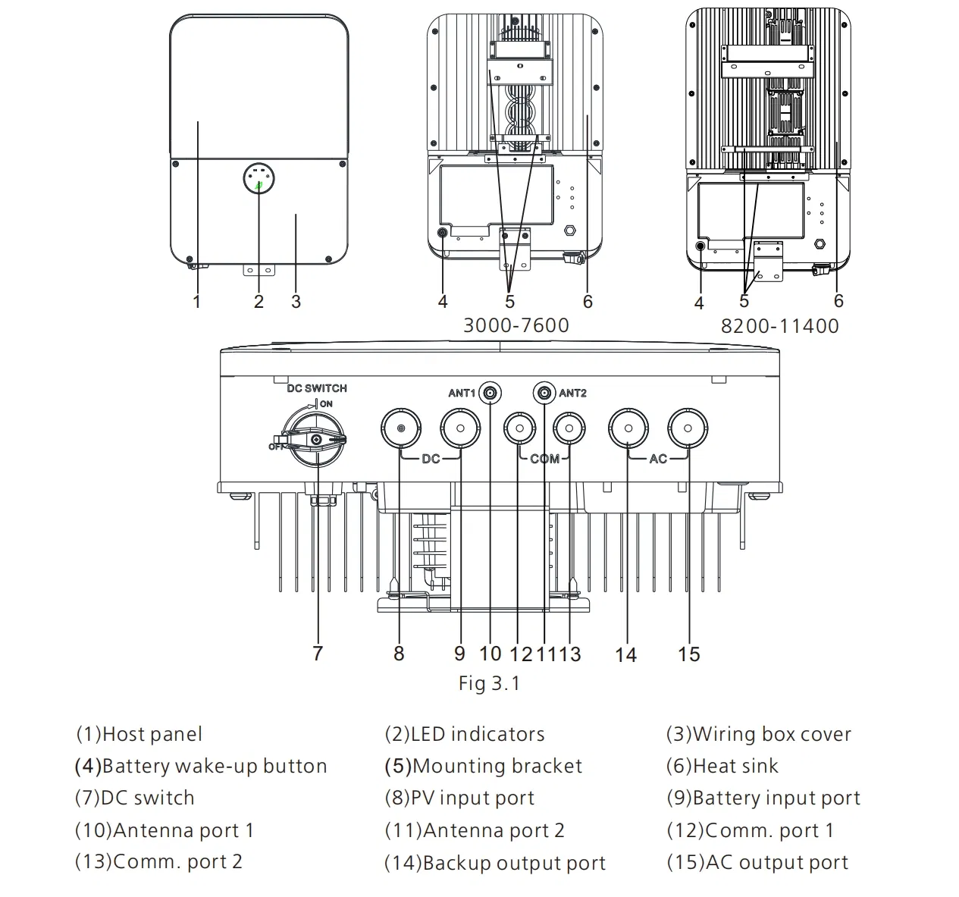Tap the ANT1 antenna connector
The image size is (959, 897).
490,393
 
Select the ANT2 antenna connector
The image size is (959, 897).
544,393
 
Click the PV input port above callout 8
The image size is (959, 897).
400,429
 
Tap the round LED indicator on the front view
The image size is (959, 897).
259,180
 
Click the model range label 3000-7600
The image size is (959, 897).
516,325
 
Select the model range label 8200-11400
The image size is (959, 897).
779,326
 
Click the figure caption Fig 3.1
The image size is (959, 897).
489,683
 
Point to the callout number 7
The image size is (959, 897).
318,653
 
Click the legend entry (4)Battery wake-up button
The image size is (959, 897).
201,766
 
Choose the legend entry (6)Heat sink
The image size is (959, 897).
722,766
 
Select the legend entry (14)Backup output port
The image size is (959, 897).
495,863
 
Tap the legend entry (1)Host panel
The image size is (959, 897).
139,734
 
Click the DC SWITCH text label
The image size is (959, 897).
316,388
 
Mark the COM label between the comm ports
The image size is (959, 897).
544,459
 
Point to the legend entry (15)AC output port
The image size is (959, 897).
757,863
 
